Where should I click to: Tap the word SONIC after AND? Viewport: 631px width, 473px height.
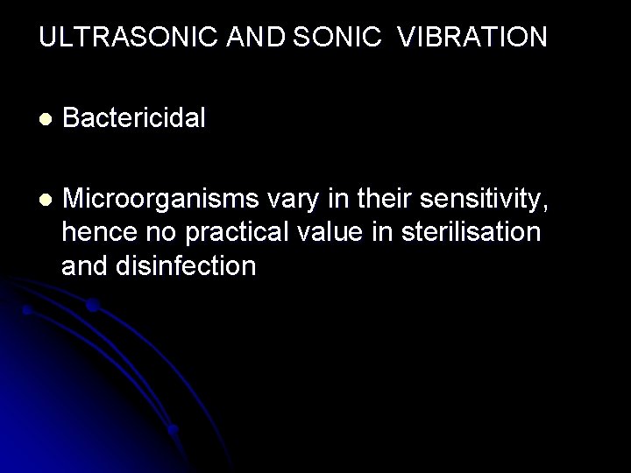[x=339, y=38]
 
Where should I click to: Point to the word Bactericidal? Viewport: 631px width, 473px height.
[x=135, y=117]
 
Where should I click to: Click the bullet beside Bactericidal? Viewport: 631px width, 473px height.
[x=45, y=118]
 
